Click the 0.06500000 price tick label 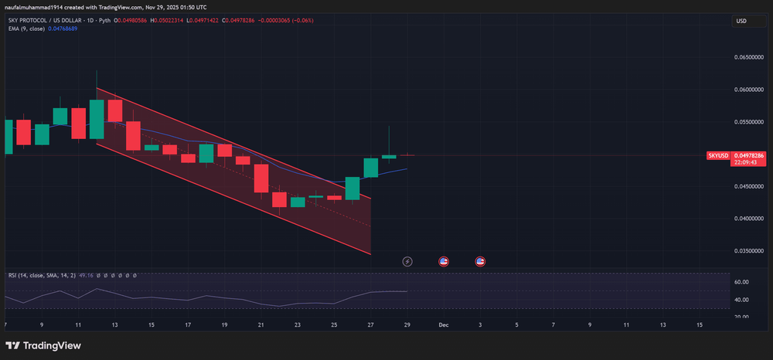pos(747,57)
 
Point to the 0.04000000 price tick pos(747,219)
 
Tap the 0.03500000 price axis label pos(747,251)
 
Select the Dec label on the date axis pos(444,325)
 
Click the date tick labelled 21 pos(261,325)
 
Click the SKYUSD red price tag pos(718,155)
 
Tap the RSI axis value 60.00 pos(742,283)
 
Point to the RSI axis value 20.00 pos(742,317)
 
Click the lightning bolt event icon pos(408,261)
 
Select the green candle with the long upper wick pos(389,156)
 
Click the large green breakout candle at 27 pos(371,168)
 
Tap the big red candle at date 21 pos(261,178)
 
